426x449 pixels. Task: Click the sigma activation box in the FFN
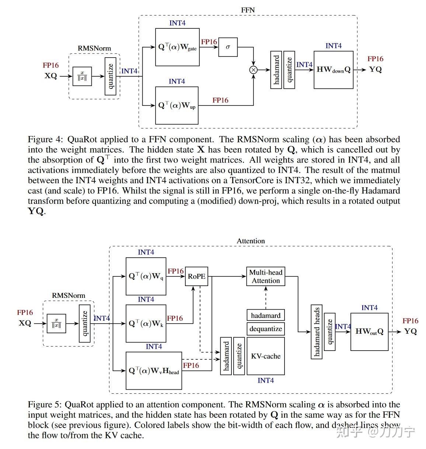pos(228,47)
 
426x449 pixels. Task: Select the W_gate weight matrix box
pos(177,47)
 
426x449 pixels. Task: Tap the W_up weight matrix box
pos(177,105)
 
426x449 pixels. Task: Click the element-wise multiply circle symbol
pos(253,70)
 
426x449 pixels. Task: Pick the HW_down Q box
pos(334,70)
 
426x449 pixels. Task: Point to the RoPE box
pos(196,276)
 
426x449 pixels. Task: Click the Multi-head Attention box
pos(266,276)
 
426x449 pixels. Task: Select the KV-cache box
pos(266,356)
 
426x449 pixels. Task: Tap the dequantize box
pos(266,329)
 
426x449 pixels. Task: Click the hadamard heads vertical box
pos(317,332)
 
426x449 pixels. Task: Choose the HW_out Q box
pos(369,331)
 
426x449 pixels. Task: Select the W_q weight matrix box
pos(146,276)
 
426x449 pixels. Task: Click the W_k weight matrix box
pos(146,323)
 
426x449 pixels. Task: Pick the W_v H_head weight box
pos(154,370)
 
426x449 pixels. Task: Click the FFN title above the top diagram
pos(248,10)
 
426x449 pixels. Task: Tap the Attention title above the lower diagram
pos(251,241)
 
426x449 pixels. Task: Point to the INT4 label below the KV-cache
pos(266,380)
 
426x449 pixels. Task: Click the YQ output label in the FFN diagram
pos(376,69)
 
